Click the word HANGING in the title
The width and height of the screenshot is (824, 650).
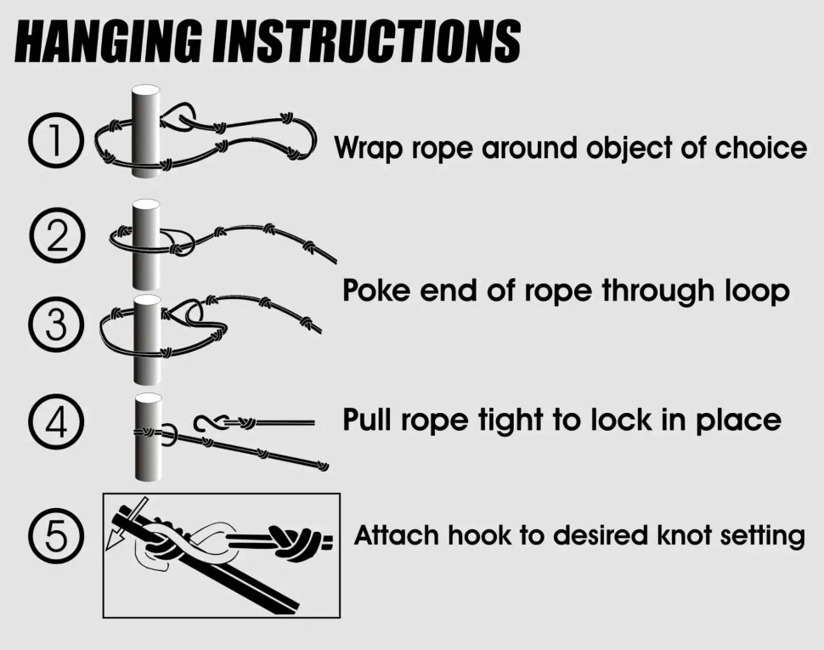pos(108,42)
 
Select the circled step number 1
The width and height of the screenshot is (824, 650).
pos(56,140)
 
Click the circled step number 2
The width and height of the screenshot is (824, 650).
pos(57,236)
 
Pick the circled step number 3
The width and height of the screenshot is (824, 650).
pos(56,325)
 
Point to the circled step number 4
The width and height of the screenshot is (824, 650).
pos(56,421)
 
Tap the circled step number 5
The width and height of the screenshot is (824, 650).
pos(56,536)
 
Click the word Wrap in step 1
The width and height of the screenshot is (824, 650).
pos(369,149)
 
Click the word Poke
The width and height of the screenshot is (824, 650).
pos(376,290)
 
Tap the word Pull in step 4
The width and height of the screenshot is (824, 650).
pos(367,420)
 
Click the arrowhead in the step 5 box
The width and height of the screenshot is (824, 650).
pos(112,540)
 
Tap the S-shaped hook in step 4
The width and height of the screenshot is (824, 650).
pos(210,422)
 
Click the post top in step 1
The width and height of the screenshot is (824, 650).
pos(145,90)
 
